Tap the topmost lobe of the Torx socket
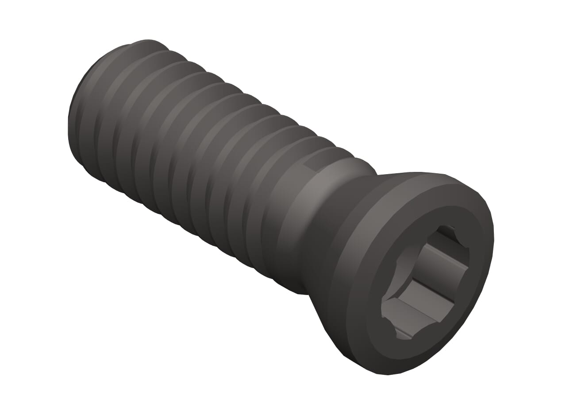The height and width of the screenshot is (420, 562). pos(447,233)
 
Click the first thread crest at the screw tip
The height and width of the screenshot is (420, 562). pos(84,111)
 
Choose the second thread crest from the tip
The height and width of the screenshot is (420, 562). pos(104,120)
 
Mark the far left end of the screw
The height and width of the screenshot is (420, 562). pos(69,133)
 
